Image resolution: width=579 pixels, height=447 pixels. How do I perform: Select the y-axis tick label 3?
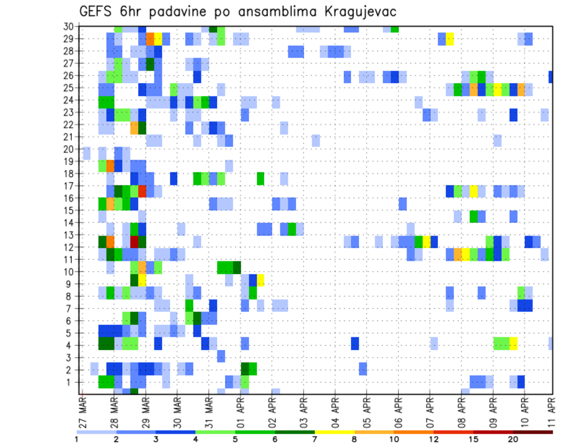point(69,357)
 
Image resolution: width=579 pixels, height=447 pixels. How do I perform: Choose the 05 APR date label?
point(367,412)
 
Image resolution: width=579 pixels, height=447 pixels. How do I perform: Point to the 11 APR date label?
point(552,412)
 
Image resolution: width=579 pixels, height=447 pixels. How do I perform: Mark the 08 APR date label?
point(461,412)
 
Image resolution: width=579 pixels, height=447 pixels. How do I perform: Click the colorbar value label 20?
point(513,439)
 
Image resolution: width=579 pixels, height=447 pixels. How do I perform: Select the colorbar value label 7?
point(314,439)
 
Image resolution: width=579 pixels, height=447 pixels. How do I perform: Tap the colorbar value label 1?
point(77,439)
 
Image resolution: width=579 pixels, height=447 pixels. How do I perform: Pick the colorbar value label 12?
point(434,439)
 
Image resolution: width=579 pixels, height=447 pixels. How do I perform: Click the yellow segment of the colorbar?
point(334,431)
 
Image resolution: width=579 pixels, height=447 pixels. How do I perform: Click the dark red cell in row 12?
point(134,241)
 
